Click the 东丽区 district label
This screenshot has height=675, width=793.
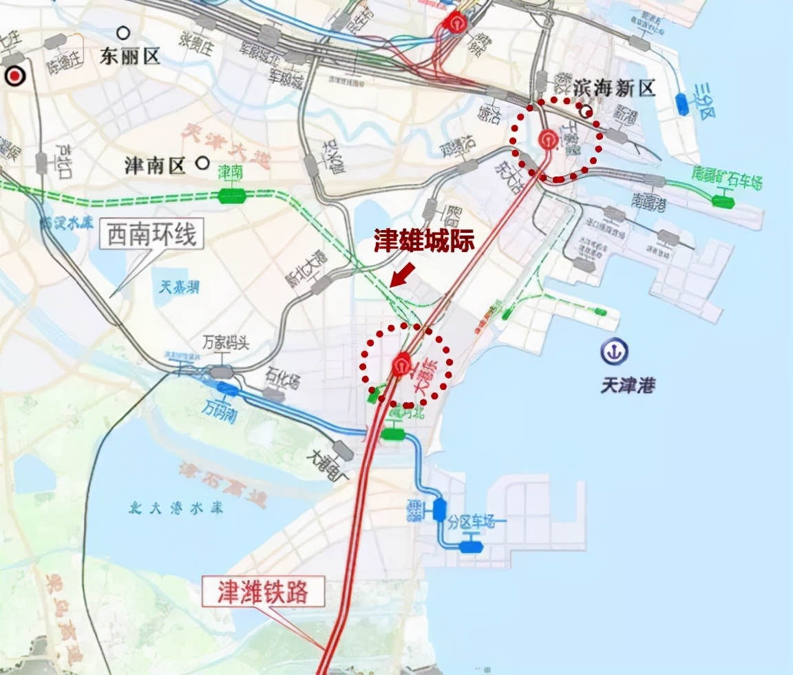click(x=130, y=56)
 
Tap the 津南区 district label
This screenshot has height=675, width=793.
click(x=155, y=165)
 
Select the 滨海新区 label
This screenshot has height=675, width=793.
click(x=614, y=87)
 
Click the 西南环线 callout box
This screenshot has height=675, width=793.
click(x=152, y=236)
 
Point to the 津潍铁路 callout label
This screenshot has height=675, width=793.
click(x=262, y=592)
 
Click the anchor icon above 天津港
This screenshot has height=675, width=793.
click(x=613, y=352)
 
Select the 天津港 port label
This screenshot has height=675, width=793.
click(x=627, y=384)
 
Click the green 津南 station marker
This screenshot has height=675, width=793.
click(x=232, y=196)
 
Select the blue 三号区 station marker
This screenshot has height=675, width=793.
click(x=683, y=104)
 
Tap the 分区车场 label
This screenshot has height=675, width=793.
click(x=472, y=521)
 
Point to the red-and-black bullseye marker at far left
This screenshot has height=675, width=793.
click(x=14, y=76)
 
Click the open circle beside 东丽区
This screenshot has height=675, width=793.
click(x=123, y=32)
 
